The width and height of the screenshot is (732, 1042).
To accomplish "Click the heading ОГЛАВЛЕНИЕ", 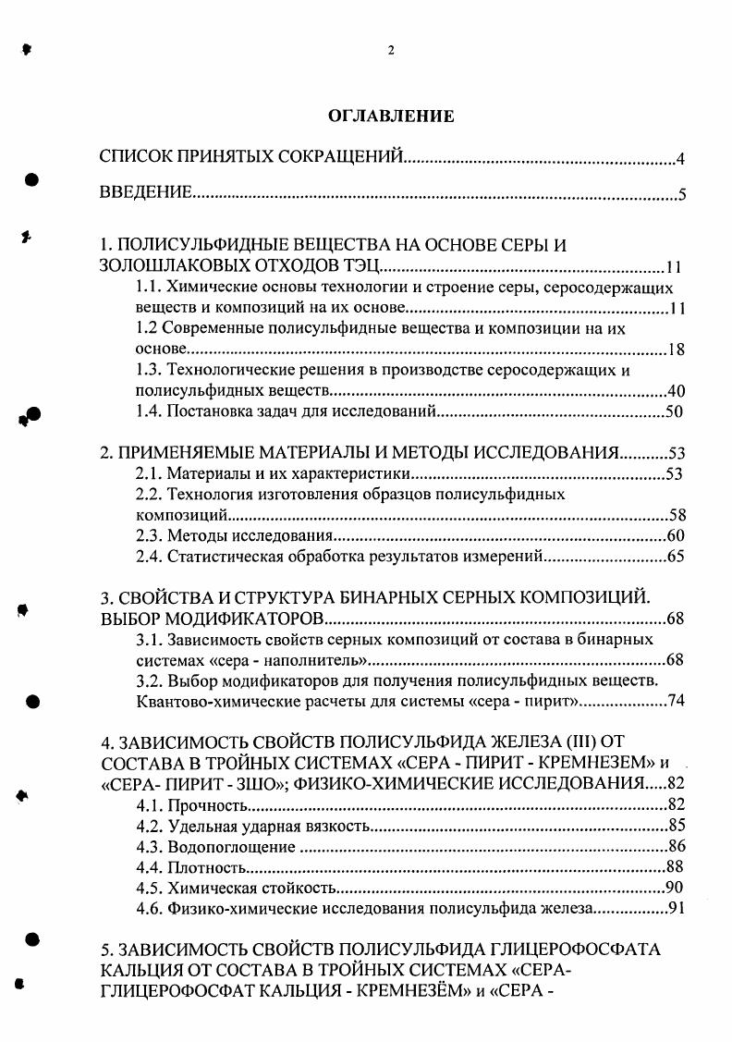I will tap(391, 116).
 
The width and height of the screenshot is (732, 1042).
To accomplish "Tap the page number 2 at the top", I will tap(391, 51).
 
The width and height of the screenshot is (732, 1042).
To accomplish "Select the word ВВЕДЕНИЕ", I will tap(145, 193).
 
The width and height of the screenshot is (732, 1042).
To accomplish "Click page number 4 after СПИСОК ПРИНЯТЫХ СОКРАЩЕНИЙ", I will tap(678, 160).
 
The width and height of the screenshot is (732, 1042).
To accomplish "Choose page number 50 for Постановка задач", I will tap(674, 411).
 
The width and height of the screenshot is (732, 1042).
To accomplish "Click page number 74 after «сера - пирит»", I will tap(674, 702).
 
